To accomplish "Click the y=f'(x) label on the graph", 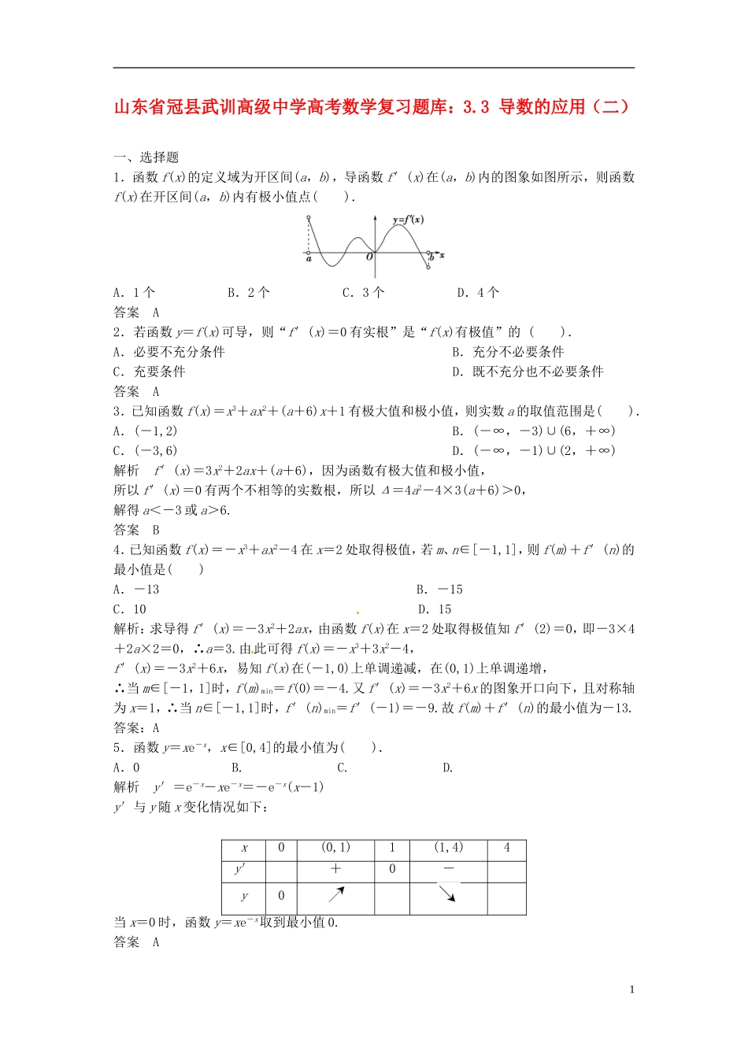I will coord(408,220).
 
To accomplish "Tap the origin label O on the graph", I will coord(369,257).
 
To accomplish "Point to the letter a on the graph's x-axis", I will coord(309,258).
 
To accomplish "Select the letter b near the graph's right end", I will coord(431,257).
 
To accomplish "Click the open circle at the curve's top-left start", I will coord(307,216).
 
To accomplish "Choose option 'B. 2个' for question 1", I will coord(249,293).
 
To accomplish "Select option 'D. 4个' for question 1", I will coord(478,293).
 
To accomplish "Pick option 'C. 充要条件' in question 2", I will coord(150,372).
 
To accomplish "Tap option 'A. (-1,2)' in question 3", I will coord(146,431).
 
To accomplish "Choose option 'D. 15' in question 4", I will coord(435,609).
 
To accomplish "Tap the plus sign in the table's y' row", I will coord(335,869).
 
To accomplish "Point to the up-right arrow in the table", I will coord(336,894).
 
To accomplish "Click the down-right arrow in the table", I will coord(447,893).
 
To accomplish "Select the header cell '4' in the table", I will coord(506,848).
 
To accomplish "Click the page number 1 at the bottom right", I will coord(631,990).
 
